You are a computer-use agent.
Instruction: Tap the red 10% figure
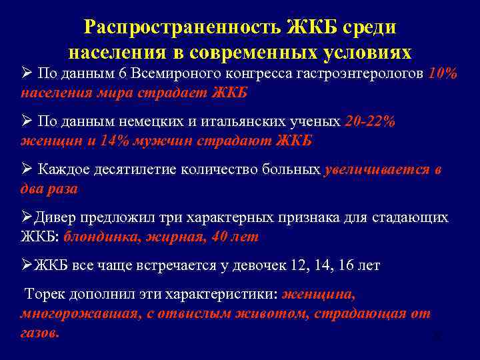[x=443, y=73]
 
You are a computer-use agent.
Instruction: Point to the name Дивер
[x=57, y=218]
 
